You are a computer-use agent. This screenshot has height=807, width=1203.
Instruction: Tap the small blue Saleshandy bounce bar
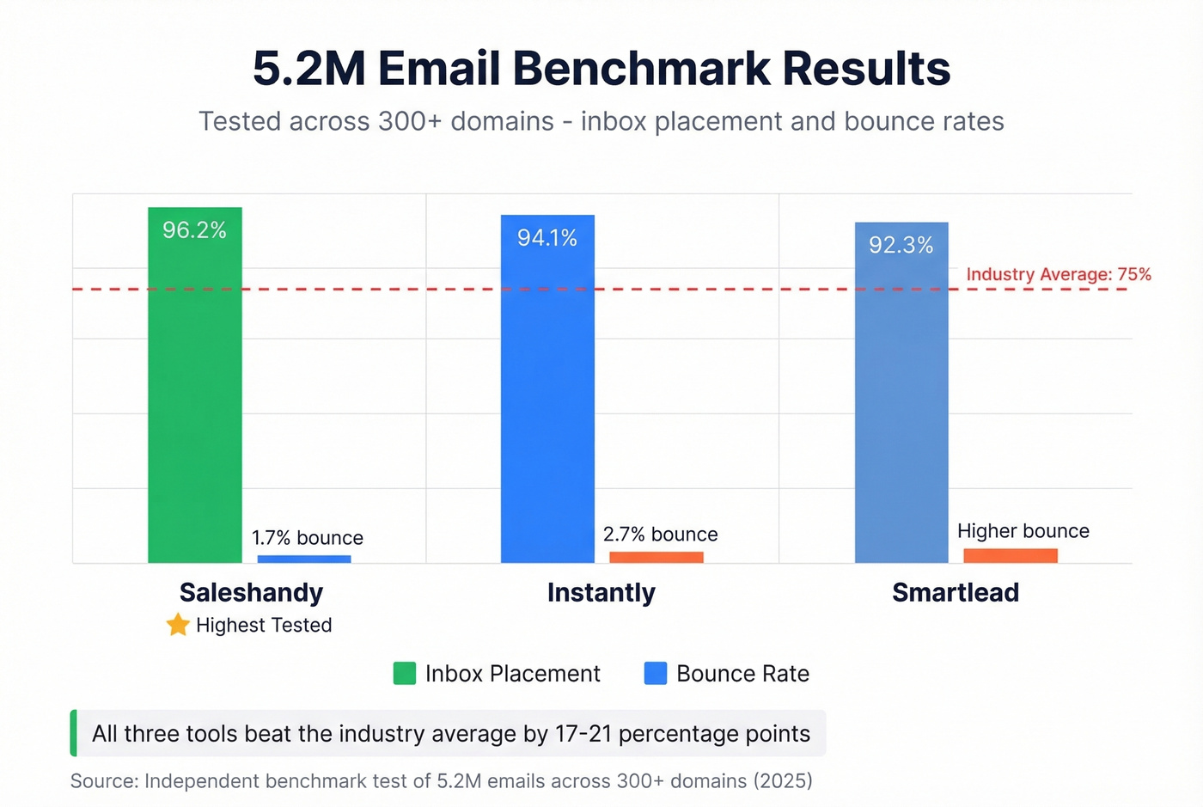(x=304, y=559)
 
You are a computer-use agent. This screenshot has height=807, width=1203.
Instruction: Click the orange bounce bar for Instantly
(x=656, y=558)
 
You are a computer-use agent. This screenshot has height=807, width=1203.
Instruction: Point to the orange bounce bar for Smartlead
(x=1011, y=556)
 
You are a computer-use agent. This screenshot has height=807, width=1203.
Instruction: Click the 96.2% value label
(x=195, y=230)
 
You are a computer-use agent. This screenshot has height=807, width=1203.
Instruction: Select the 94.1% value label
(x=547, y=238)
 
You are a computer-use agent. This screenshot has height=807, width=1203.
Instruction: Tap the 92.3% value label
(x=901, y=246)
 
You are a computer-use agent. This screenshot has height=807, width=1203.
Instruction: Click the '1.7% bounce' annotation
(x=308, y=538)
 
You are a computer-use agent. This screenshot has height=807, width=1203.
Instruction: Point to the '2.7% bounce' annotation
(x=660, y=535)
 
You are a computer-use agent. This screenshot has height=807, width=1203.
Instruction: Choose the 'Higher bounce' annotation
(x=1023, y=531)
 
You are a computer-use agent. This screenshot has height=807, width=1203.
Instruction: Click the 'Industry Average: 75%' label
(x=1059, y=274)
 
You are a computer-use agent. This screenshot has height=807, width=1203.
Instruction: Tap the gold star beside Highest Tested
(x=178, y=625)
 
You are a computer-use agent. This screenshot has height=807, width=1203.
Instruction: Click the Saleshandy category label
(x=251, y=592)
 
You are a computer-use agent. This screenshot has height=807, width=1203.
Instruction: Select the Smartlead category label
(x=956, y=592)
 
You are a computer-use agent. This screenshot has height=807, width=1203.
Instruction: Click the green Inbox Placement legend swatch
(x=405, y=673)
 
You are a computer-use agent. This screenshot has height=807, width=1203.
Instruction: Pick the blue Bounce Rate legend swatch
(x=656, y=673)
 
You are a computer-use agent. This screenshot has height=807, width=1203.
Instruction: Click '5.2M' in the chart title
(x=309, y=69)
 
